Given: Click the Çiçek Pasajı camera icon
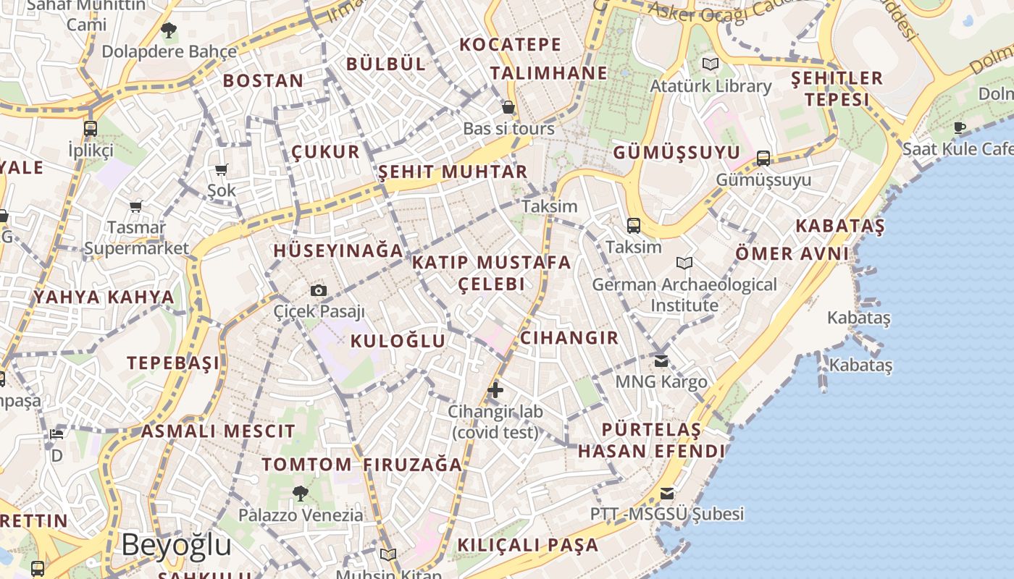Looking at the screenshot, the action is coord(318,291).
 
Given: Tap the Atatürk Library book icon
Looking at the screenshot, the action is coord(711,64).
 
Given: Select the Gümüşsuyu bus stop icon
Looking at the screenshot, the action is coord(763,158).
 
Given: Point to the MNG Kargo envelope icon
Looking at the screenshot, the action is coord(661,360).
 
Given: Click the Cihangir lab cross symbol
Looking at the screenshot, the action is coord(495,390).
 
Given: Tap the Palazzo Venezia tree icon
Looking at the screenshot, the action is coord(300,494).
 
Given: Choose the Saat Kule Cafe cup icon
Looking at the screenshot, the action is coord(960,128).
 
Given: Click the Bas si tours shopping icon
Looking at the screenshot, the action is coord(508,107).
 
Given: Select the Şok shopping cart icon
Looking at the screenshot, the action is coord(222,169).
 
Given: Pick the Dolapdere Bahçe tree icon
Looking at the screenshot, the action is coord(169,30).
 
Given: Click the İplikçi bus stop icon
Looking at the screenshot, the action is coord(91,129).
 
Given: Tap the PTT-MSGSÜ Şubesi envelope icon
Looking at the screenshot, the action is coord(666,494).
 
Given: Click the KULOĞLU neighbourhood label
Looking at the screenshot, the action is coord(398,341).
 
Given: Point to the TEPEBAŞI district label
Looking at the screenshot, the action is coord(173,363).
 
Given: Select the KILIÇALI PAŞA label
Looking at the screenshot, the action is coord(528,545).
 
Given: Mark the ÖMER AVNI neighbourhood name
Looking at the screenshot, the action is coord(792,254).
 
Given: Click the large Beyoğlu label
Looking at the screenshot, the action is coord(176,544).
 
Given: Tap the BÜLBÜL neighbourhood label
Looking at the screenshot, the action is coord(385,64).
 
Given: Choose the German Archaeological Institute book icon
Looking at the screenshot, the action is coord(684,263).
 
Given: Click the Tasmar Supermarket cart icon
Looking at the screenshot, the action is coord(136,206).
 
